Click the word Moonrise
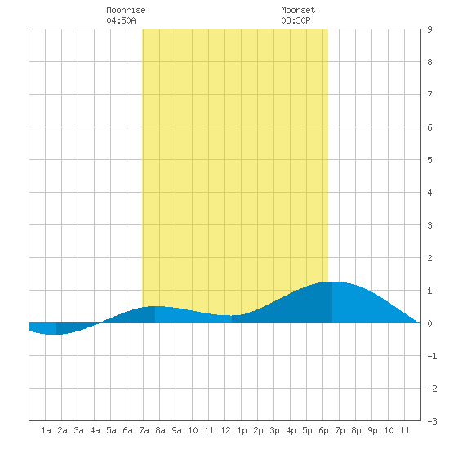(126, 10)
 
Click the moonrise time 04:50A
(121, 20)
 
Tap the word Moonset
(298, 10)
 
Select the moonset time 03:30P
(296, 20)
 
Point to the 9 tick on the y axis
(429, 29)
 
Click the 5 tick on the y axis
(429, 160)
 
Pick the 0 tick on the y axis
(429, 323)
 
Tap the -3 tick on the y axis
(432, 421)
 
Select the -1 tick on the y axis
(432, 356)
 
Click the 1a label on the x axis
(46, 430)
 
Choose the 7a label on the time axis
(144, 430)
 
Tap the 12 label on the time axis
(225, 430)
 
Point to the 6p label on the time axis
(323, 430)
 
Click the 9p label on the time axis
(372, 430)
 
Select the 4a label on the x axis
(95, 430)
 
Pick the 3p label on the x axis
(274, 430)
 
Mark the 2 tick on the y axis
(429, 258)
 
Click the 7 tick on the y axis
(429, 95)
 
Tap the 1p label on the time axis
(242, 430)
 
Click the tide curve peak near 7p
(332, 282)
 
